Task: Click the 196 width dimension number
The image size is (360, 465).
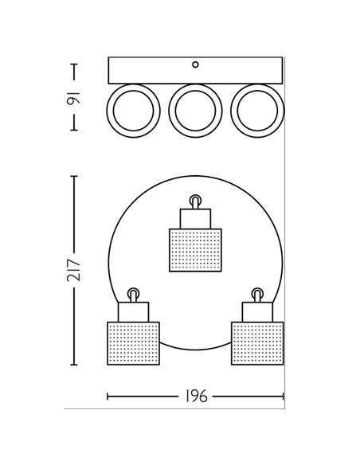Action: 196,397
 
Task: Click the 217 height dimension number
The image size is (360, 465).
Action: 74,270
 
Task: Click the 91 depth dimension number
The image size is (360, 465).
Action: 73,99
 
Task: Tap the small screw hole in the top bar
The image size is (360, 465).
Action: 195,64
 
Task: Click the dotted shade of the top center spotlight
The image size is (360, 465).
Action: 195,250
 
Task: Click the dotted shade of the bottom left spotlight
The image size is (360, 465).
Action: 134,343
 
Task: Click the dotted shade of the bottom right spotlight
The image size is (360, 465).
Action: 257,343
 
